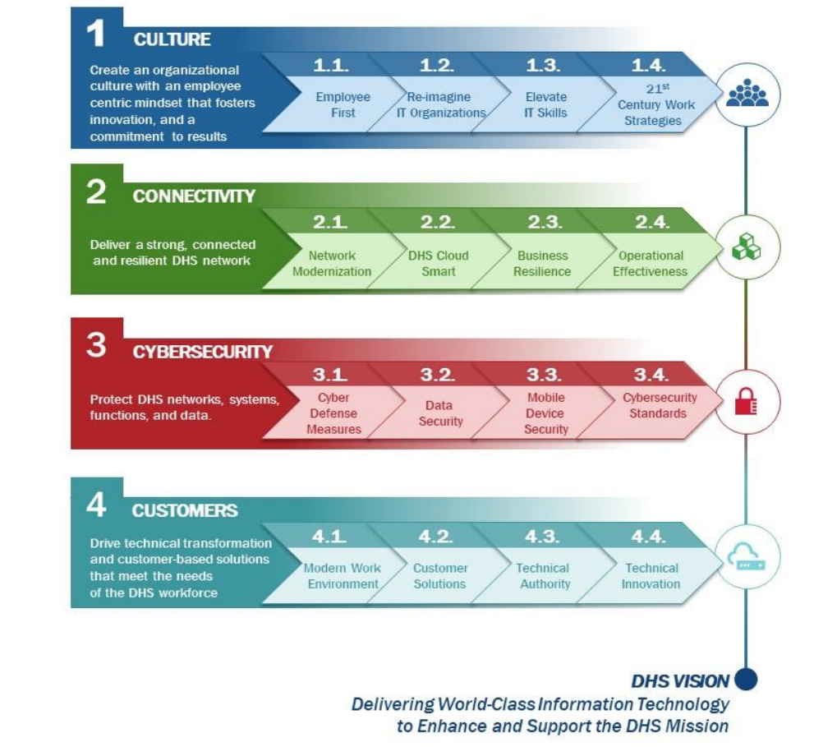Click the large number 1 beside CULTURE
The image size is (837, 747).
(95, 33)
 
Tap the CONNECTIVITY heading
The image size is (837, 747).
(194, 196)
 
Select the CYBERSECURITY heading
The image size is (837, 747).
(202, 352)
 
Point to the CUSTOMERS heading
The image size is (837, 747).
(185, 510)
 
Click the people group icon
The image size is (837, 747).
(747, 93)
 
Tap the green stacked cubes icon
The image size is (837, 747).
(746, 247)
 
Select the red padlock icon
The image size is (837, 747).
(746, 402)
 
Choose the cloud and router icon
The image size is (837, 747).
(747, 556)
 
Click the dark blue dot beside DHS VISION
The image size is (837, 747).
(746, 679)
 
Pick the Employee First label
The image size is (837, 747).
(343, 104)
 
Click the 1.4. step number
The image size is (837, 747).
(649, 65)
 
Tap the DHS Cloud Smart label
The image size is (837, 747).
(439, 263)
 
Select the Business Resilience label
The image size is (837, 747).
(542, 263)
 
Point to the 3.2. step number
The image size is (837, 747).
(438, 374)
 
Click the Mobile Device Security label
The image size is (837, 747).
(545, 413)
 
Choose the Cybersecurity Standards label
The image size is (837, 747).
(660, 405)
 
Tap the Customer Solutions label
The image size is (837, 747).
(439, 575)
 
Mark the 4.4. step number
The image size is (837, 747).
(649, 536)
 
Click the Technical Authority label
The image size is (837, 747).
(544, 575)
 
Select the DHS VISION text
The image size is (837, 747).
(680, 680)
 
